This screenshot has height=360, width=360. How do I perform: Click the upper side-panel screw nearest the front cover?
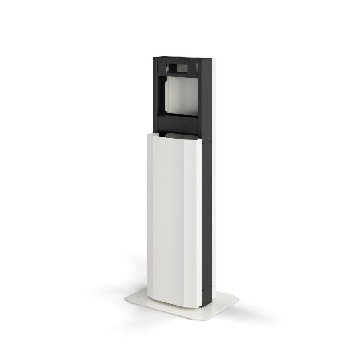pyautogui.click(x=203, y=145)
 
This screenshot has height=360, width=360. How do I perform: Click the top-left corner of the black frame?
pyautogui.click(x=154, y=58)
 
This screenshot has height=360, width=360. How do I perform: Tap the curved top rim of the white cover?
pyautogui.click(x=173, y=135)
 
